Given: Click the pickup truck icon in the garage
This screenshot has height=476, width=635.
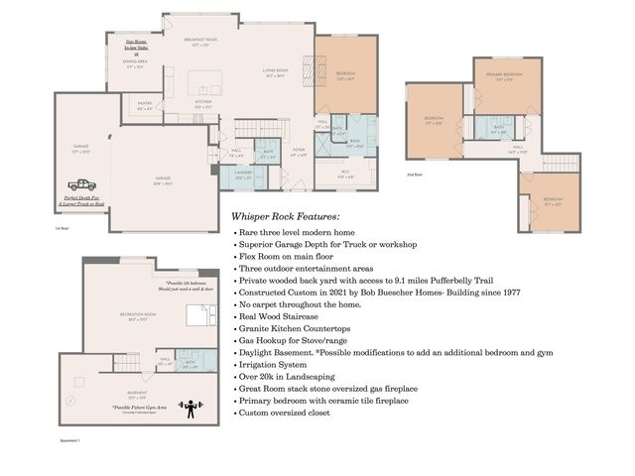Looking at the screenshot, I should [82, 184].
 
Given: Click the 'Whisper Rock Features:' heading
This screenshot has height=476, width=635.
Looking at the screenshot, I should [285, 216].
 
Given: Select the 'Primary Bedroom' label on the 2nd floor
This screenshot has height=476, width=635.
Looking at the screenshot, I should [504, 76].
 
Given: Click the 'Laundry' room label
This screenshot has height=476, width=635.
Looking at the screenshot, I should [243, 175].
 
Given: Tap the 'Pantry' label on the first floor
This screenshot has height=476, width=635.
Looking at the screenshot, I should [143, 107].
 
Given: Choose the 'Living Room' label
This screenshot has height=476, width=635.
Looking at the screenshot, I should [275, 72].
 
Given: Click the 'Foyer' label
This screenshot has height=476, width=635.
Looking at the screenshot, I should [298, 153].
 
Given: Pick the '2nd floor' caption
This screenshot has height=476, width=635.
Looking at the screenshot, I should [416, 175].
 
